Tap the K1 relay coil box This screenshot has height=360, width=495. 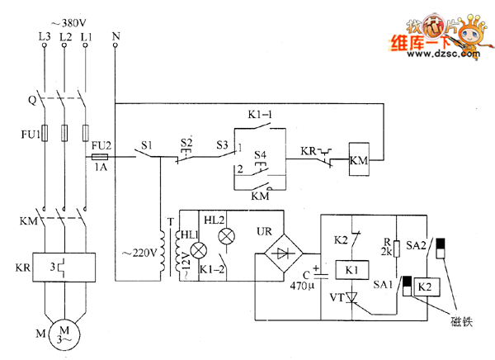click(x=351, y=270)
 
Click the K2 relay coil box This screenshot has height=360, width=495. click(x=426, y=286)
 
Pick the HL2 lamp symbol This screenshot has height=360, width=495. click(x=225, y=236)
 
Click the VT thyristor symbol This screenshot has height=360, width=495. click(x=352, y=296)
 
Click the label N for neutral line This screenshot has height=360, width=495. click(x=115, y=36)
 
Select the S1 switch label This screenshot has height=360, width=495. click(x=146, y=145)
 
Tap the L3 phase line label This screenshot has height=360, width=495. click(x=44, y=36)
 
